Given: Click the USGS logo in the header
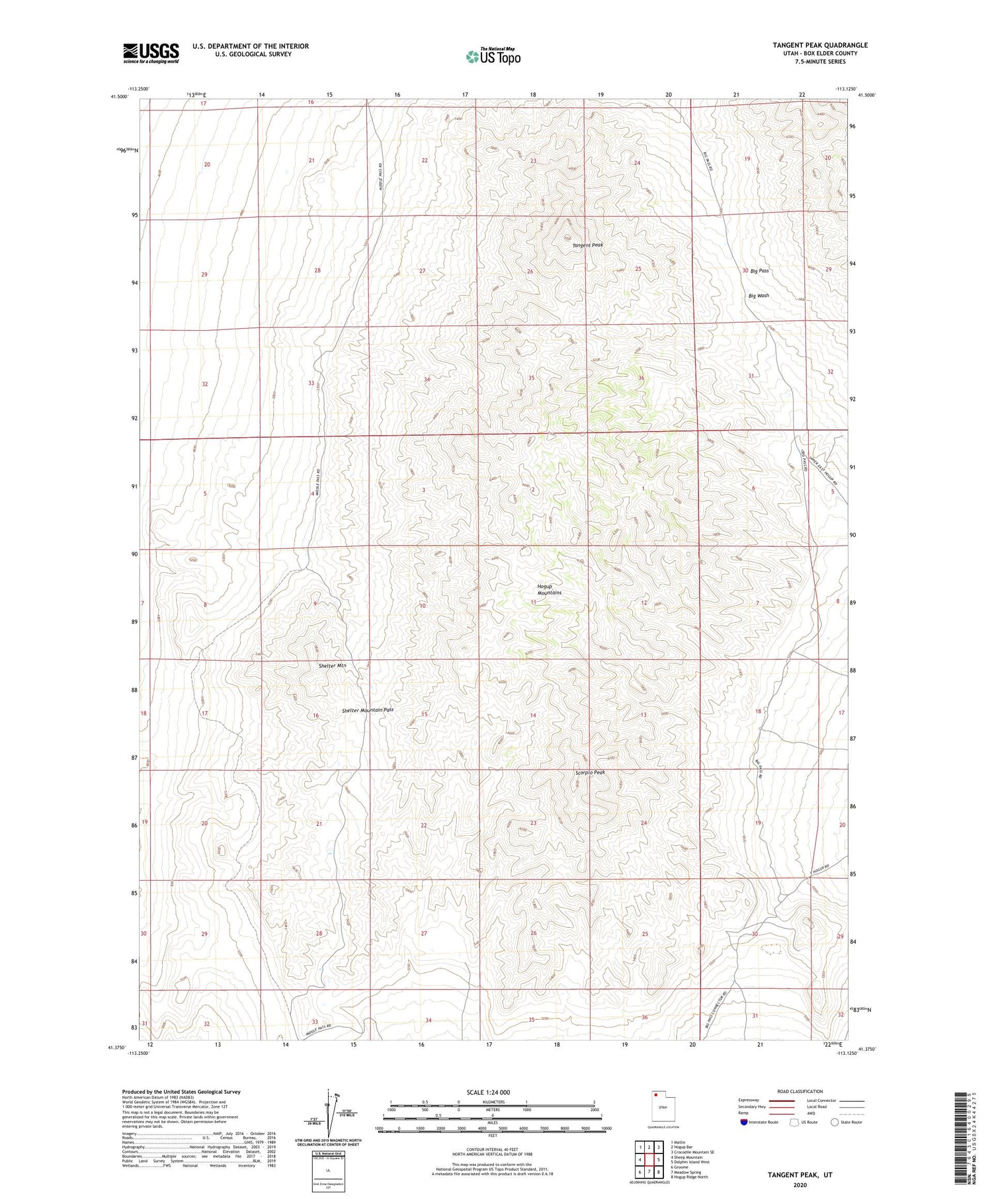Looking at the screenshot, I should pyautogui.click(x=151, y=53).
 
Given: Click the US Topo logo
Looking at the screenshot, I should pyautogui.click(x=493, y=57).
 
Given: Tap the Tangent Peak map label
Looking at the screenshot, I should pyautogui.click(x=587, y=245).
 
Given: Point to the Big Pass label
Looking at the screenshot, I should pyautogui.click(x=759, y=271).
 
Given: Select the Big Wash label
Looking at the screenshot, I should pyautogui.click(x=759, y=296).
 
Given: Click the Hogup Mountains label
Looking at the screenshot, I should pyautogui.click(x=549, y=589).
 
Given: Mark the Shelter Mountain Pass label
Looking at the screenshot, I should pyautogui.click(x=368, y=710).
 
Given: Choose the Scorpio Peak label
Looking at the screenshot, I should pyautogui.click(x=590, y=772).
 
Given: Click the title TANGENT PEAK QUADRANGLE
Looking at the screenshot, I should pyautogui.click(x=820, y=45).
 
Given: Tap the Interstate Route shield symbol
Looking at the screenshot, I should pyautogui.click(x=744, y=1122).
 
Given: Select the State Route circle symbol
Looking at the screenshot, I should pyautogui.click(x=835, y=1122).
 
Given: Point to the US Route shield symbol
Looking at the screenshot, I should pyautogui.click(x=794, y=1122).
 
